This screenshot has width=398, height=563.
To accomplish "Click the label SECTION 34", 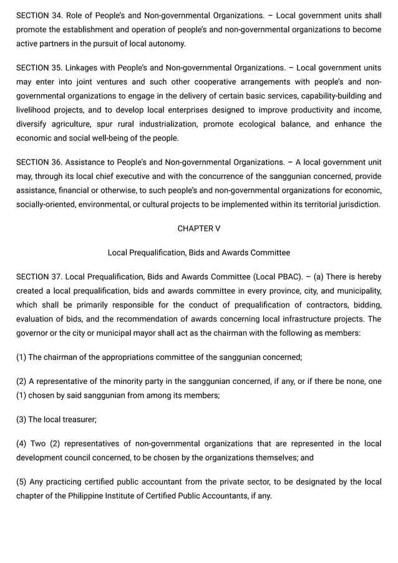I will click(x=39, y=15).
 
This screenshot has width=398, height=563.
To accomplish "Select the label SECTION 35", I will click(x=39, y=68).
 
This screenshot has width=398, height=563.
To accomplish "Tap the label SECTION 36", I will click(x=39, y=162).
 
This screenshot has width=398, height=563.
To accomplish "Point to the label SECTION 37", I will click(x=39, y=276).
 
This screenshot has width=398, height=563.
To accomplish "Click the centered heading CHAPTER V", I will click(x=199, y=229).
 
